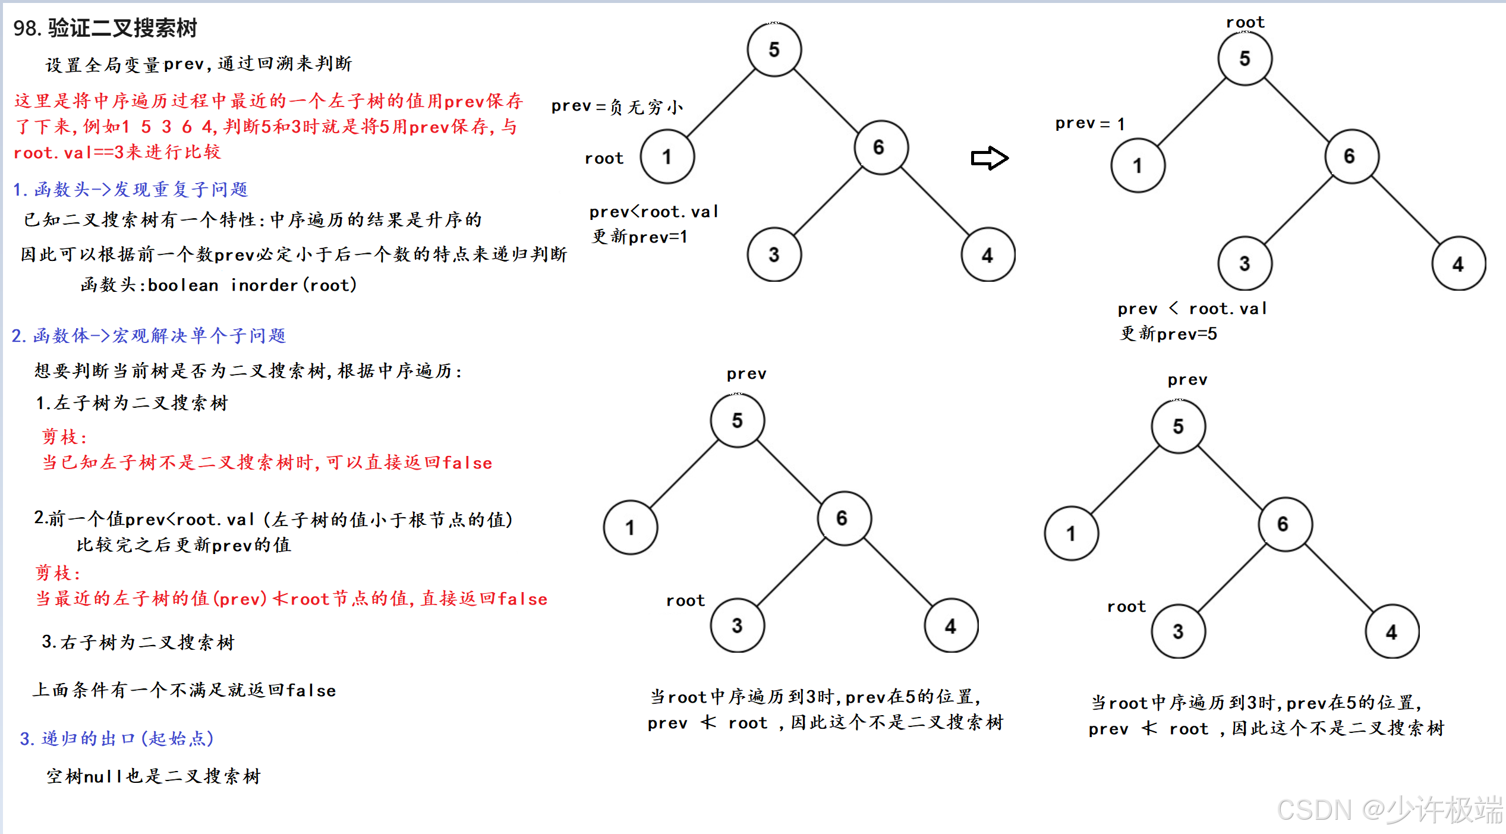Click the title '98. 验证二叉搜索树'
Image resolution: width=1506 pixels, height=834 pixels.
coord(105,28)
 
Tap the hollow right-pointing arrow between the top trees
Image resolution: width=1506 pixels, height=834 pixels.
coord(990,158)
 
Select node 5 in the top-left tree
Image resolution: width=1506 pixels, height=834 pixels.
coord(774,49)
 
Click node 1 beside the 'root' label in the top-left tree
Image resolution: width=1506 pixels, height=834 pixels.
coord(667,157)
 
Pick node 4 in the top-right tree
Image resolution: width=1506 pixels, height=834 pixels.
coord(1458,264)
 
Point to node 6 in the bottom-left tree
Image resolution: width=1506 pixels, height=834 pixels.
coord(843,518)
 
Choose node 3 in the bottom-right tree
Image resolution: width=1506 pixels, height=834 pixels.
coord(1178,631)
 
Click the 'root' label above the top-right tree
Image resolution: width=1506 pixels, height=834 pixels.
coord(1245,23)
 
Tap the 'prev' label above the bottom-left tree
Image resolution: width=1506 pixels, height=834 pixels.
coord(746,374)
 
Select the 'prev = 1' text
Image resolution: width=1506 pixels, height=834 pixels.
coord(1090,124)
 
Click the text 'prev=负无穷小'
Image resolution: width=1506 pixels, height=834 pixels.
coord(617,106)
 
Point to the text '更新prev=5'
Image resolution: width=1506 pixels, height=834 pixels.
coord(1168,334)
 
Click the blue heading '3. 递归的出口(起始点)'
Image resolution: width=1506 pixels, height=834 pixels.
coord(116,739)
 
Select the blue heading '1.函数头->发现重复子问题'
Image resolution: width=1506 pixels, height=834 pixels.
coord(130,190)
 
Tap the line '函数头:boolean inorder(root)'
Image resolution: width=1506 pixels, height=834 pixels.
coord(219,285)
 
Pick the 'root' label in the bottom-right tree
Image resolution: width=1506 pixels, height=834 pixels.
coord(1126,607)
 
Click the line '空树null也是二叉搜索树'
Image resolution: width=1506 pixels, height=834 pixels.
coord(153,776)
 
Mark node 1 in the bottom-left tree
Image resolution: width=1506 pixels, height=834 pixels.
coord(630,527)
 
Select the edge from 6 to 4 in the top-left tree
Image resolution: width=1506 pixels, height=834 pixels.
coord(934,201)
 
